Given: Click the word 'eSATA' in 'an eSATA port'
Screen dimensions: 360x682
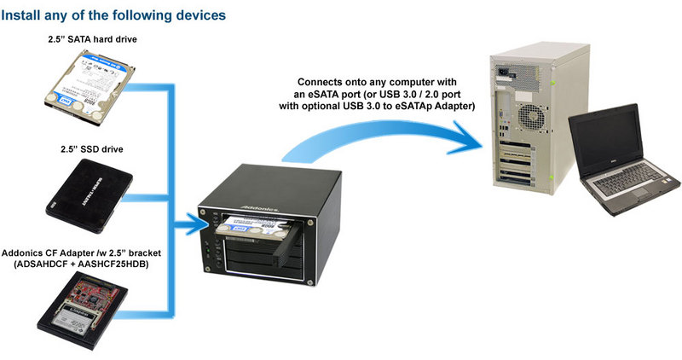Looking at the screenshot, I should pos(348,94).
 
